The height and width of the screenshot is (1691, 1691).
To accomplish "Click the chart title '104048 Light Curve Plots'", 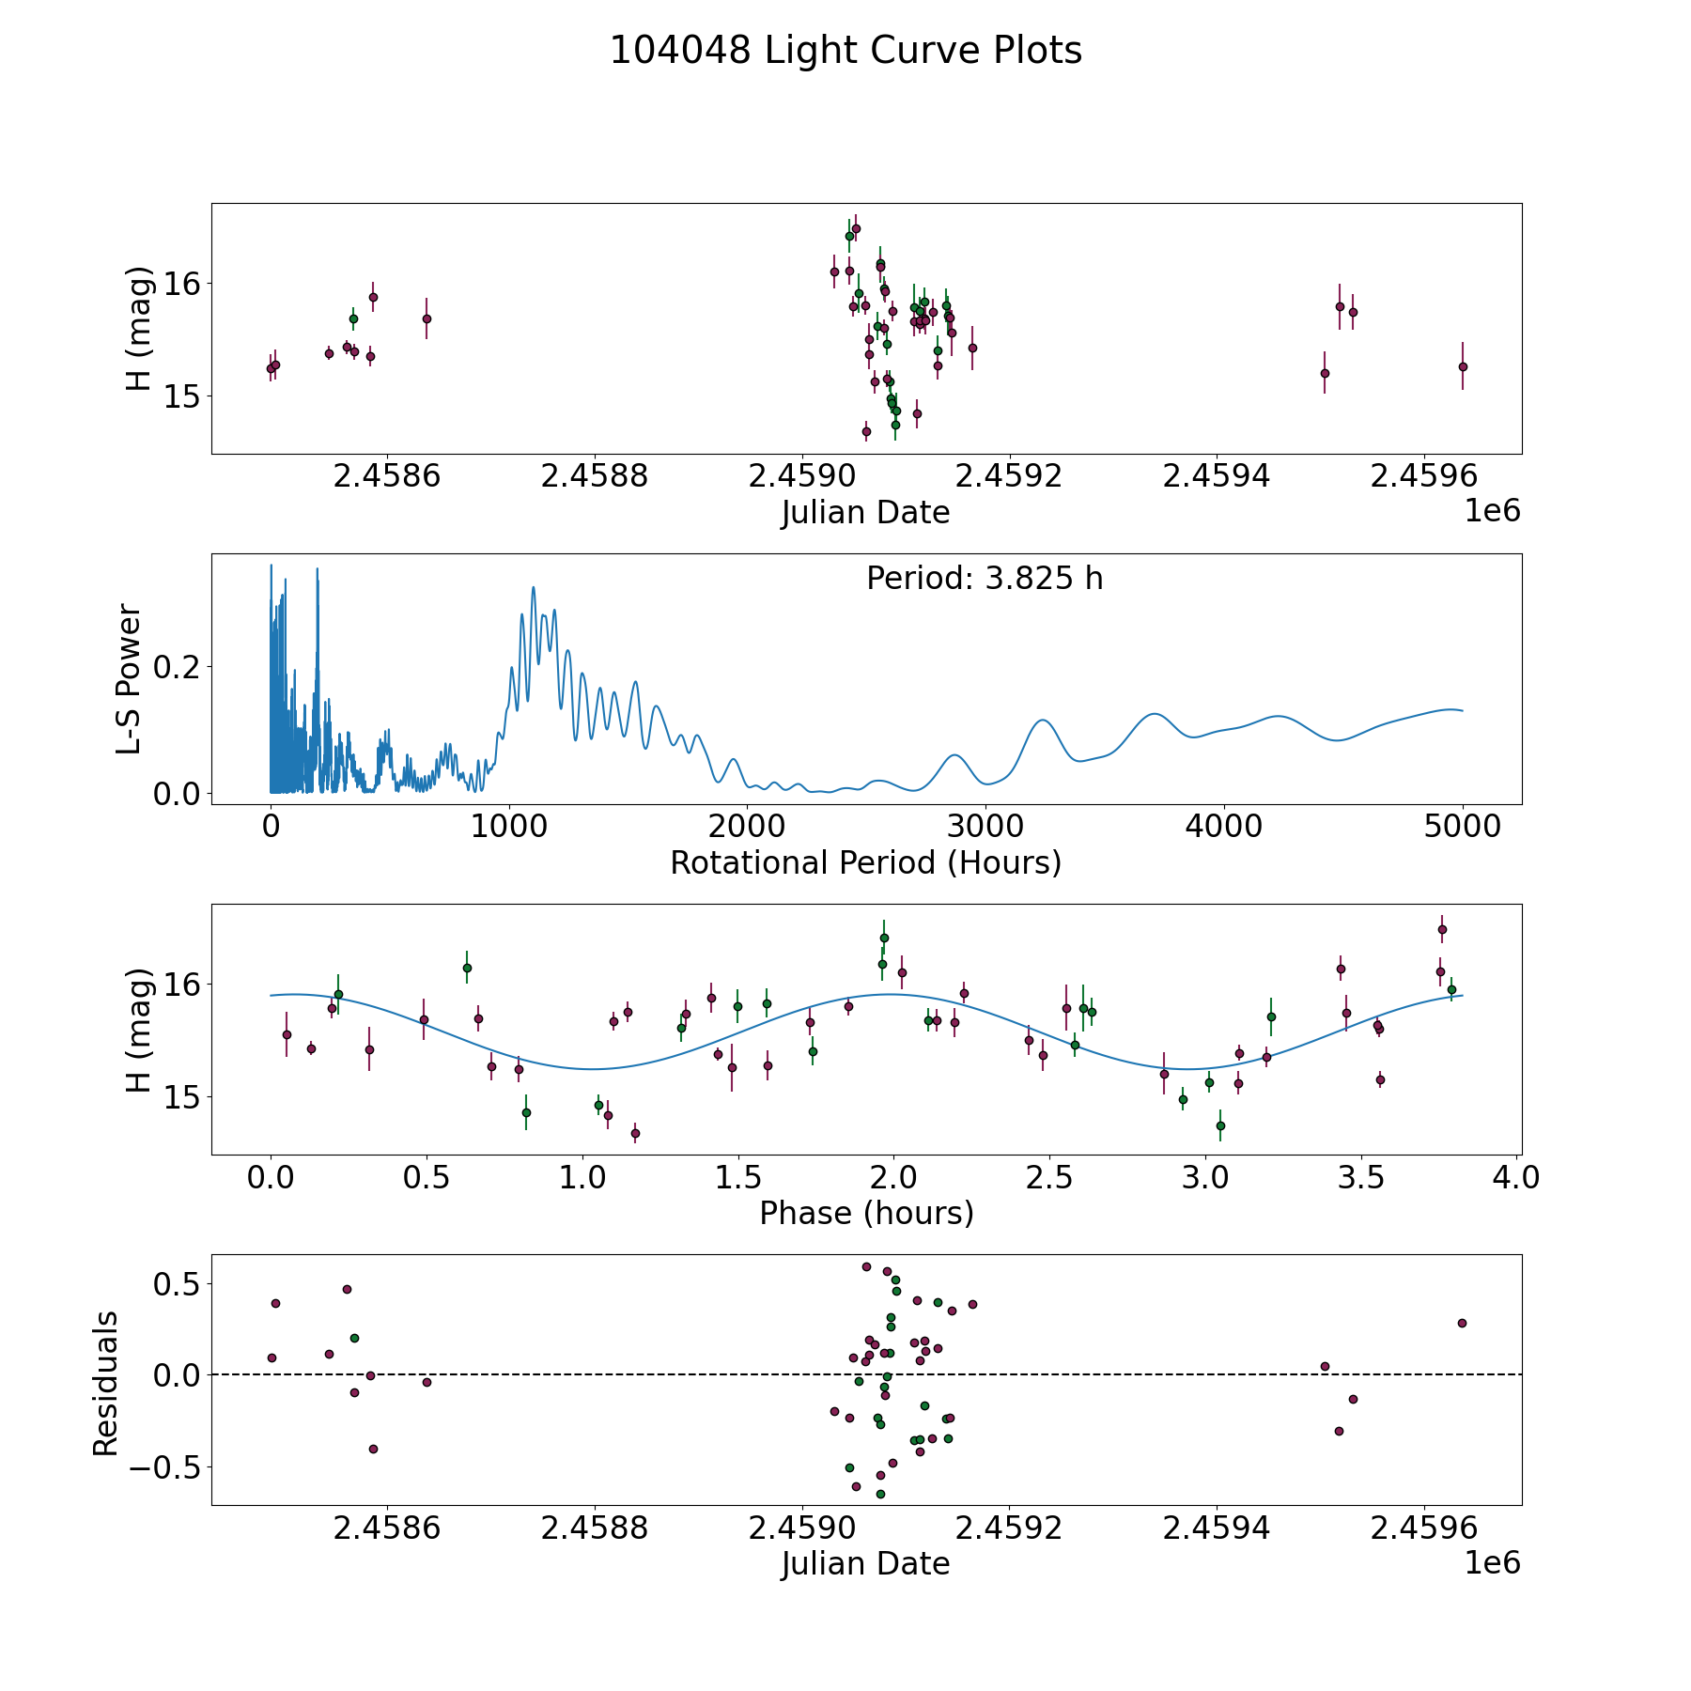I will [x=845, y=51].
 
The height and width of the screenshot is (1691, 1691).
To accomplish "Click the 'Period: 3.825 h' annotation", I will [x=985, y=579].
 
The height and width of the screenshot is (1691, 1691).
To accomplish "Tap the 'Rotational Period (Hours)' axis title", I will [x=865, y=862].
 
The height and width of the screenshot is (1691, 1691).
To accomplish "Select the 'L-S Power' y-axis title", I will [x=130, y=679].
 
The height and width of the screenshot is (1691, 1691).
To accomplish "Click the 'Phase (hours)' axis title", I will [x=866, y=1213].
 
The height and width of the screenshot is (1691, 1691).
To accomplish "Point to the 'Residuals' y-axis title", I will [x=106, y=1383].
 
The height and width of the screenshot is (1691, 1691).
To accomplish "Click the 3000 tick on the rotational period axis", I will [x=985, y=827].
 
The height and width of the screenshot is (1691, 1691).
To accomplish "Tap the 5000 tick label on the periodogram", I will [x=1462, y=827].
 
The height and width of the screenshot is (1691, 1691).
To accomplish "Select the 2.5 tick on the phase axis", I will [x=1048, y=1177].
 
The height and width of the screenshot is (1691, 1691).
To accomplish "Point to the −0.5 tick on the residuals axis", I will [x=160, y=1467].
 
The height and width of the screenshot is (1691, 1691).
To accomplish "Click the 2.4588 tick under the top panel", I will [x=595, y=476].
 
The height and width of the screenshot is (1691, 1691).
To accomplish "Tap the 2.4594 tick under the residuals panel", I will [x=1217, y=1528].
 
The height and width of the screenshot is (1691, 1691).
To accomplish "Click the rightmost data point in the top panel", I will [x=1463, y=366].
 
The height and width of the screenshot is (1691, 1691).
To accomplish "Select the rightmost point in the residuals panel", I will [x=1462, y=1323].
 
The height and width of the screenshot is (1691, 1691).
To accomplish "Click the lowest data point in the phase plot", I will [x=635, y=1133].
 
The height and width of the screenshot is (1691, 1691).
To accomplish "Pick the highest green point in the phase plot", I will [x=884, y=938].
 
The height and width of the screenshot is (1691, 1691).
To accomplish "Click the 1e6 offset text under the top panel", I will [x=1492, y=511].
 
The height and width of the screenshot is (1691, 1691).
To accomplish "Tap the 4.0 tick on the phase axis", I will [x=1515, y=1177].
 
